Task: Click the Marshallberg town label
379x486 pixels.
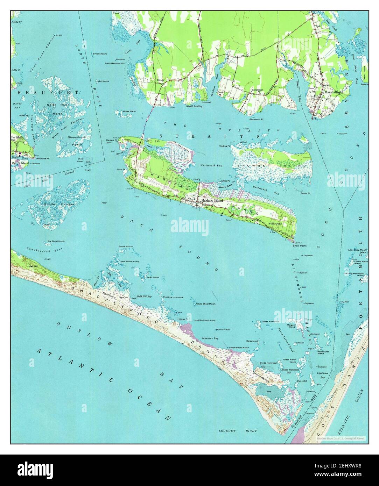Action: coord(333,92)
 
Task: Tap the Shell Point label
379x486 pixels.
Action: coord(299,246)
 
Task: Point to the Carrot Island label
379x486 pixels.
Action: coord(20,163)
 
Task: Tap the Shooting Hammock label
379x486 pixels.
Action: coord(173,297)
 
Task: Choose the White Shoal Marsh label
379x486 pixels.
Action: coord(205,304)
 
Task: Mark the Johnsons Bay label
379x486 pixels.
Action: coord(210,338)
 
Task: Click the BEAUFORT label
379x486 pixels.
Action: coord(48,92)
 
